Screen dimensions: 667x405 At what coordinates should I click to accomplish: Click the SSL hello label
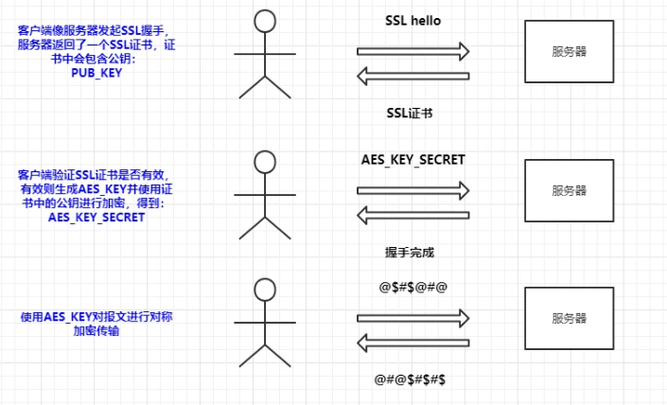click(x=412, y=21)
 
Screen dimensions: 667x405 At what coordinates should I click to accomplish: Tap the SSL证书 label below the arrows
click(x=410, y=114)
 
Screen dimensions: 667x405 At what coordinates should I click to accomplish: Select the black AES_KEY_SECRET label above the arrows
click(x=412, y=160)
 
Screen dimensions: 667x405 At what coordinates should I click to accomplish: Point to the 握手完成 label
click(x=410, y=253)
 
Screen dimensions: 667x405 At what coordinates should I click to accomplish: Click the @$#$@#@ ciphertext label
click(x=412, y=287)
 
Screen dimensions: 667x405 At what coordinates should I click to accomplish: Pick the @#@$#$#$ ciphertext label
click(x=410, y=379)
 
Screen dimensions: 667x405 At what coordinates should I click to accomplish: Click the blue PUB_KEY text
click(x=97, y=73)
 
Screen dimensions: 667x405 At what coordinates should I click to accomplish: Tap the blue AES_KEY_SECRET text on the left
click(x=97, y=218)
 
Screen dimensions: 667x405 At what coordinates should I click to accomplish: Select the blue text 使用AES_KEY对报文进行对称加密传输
click(x=97, y=324)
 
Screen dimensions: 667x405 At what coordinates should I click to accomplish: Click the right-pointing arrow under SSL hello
click(x=412, y=51)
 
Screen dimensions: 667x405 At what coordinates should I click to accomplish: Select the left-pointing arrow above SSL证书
click(x=412, y=76)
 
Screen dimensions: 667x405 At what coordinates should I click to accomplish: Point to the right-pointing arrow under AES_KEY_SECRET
click(x=412, y=190)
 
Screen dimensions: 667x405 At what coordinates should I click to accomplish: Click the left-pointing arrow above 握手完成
click(x=412, y=215)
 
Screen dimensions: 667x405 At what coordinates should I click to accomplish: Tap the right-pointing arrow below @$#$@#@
click(x=412, y=318)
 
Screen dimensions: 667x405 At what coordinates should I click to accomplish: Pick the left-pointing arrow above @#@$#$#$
click(x=412, y=343)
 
